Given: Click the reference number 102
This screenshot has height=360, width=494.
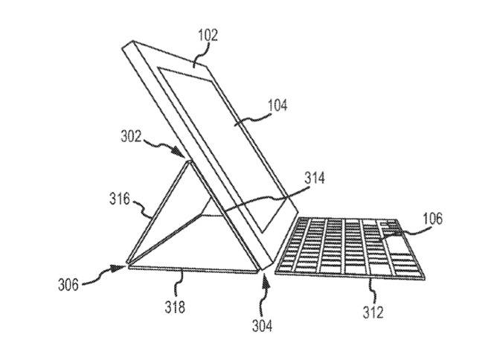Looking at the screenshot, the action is [x=208, y=35].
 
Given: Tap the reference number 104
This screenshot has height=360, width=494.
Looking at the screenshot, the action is [x=278, y=105].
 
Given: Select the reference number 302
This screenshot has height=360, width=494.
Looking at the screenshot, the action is [x=131, y=136].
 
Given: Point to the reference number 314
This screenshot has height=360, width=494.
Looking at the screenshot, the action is [x=315, y=179].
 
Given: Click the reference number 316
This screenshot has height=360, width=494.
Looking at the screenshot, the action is [x=120, y=199].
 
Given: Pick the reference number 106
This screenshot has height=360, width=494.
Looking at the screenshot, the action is [x=432, y=218].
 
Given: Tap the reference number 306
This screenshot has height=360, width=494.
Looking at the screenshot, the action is [x=68, y=285].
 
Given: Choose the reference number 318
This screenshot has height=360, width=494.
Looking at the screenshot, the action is [x=175, y=306].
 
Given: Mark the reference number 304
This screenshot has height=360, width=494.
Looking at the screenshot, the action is [x=262, y=325].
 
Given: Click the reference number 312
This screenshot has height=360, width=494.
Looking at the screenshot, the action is [x=373, y=312].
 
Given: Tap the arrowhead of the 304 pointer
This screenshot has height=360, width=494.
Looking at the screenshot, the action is [x=266, y=281].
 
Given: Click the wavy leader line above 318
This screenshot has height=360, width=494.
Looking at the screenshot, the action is [x=180, y=284].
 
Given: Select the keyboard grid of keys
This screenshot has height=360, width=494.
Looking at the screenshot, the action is [x=350, y=248].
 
